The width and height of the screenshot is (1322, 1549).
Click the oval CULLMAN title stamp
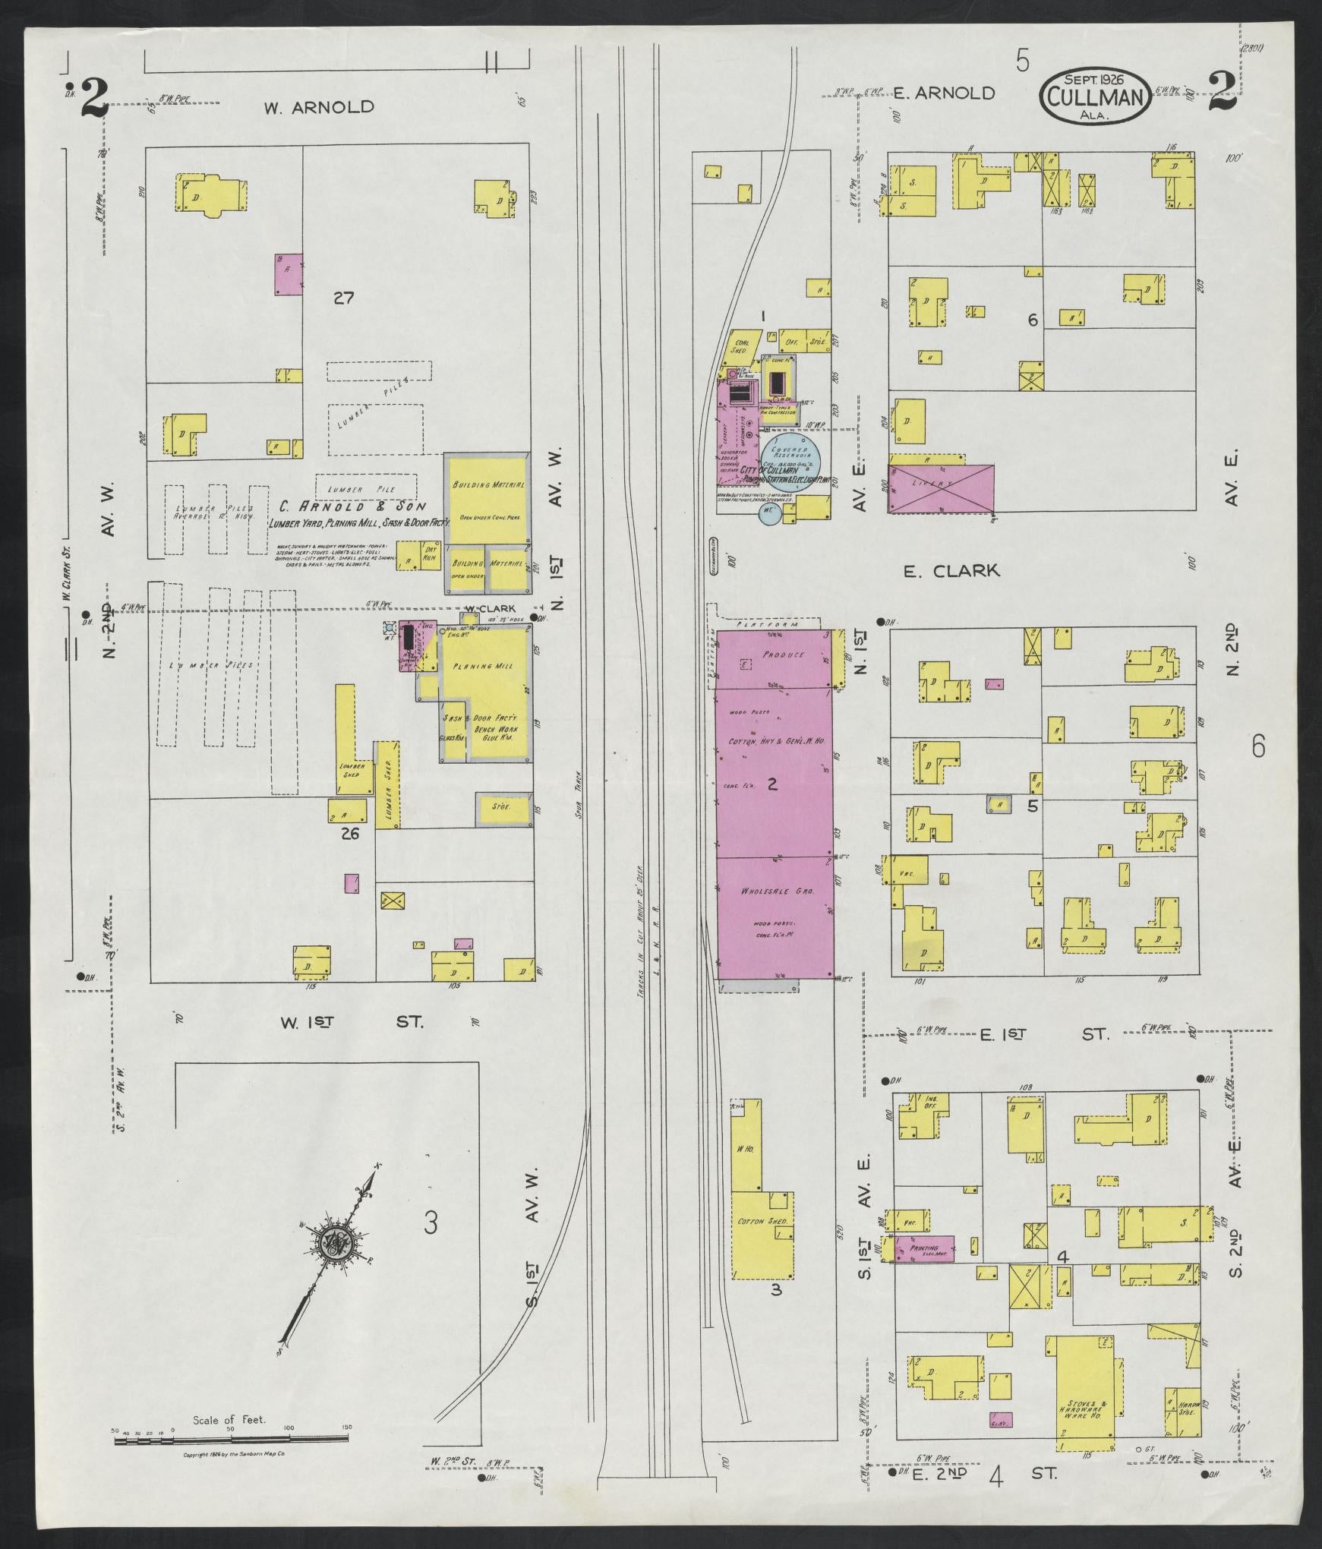point(1093,95)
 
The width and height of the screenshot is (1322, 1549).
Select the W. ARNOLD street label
point(319,107)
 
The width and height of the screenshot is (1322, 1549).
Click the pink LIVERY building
point(942,489)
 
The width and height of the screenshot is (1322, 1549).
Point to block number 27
point(343,298)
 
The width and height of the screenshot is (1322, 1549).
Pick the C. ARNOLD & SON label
point(351,506)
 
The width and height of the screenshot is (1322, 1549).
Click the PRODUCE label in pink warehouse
point(777,654)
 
